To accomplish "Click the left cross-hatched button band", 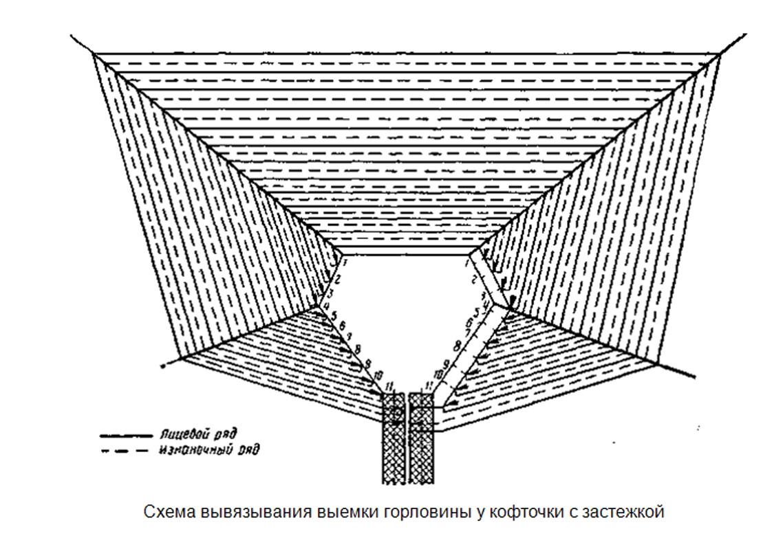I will [x=393, y=440].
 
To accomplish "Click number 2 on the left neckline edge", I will [x=338, y=279].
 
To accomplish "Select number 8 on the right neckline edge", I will [x=455, y=345].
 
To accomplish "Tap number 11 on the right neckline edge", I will [x=428, y=384].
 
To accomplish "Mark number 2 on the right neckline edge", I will [x=474, y=280].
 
